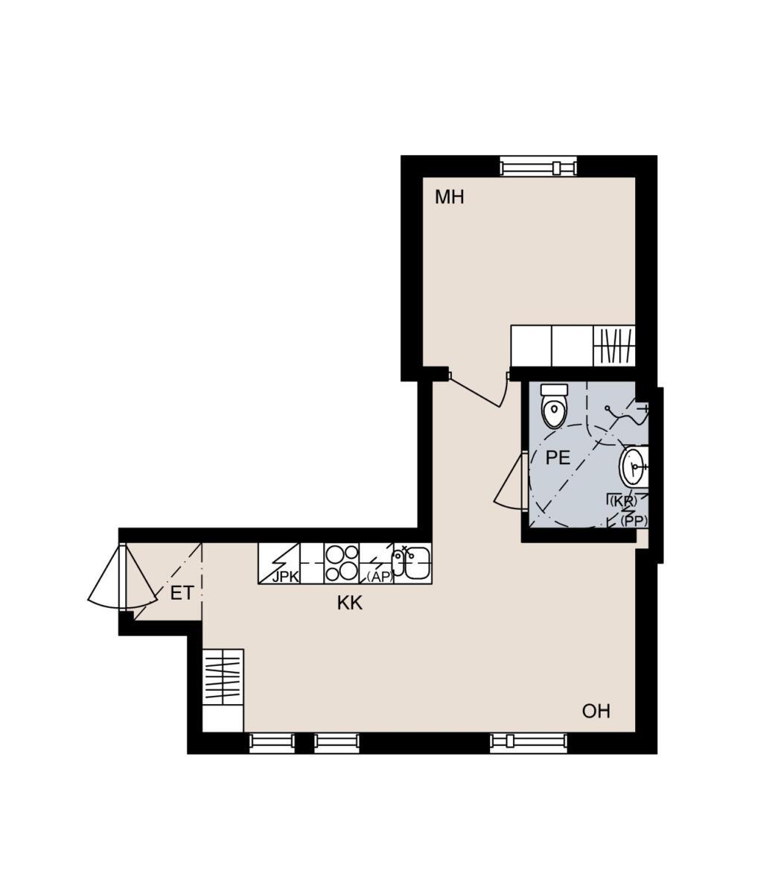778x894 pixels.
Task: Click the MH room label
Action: click(x=449, y=197)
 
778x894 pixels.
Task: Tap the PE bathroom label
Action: click(x=558, y=457)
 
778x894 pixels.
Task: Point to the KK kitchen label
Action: click(x=349, y=603)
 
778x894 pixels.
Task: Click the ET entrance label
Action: click(x=181, y=593)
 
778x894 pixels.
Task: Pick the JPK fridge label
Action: click(x=286, y=577)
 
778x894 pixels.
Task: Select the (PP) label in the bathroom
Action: click(x=634, y=521)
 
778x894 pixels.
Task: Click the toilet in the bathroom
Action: click(x=554, y=407)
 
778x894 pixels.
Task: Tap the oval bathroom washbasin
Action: click(x=634, y=467)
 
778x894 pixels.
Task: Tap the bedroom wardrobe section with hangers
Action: click(x=614, y=346)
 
